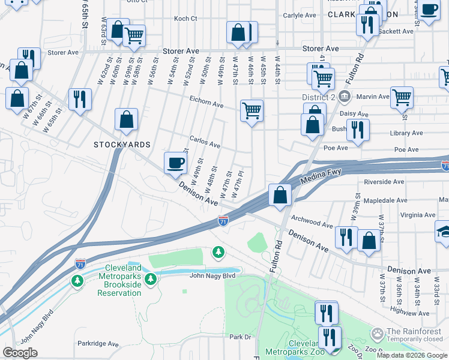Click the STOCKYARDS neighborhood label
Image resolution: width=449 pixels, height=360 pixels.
click(121, 145)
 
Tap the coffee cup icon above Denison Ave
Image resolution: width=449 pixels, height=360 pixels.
click(175, 163)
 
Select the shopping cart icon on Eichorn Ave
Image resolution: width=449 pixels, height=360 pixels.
click(252, 110)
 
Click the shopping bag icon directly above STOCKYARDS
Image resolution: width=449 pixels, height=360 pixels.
click(127, 119)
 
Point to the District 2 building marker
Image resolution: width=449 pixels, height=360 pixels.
click(343, 97)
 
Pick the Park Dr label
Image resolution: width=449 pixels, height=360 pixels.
click(239, 337)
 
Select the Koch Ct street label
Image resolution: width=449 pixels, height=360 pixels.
click(185, 19)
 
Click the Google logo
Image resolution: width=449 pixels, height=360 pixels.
click(20, 353)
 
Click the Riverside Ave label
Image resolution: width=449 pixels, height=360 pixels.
click(384, 181)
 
